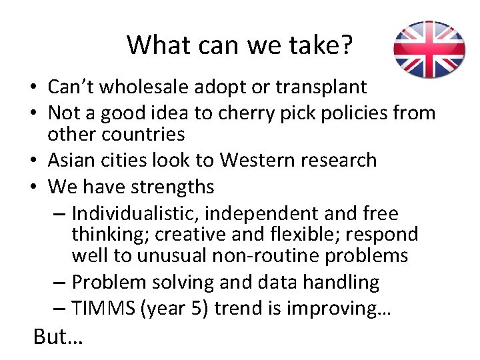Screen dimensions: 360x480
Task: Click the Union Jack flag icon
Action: pos(429,49)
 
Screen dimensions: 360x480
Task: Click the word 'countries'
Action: pos(143,134)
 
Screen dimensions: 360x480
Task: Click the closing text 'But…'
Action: pos(58,337)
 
